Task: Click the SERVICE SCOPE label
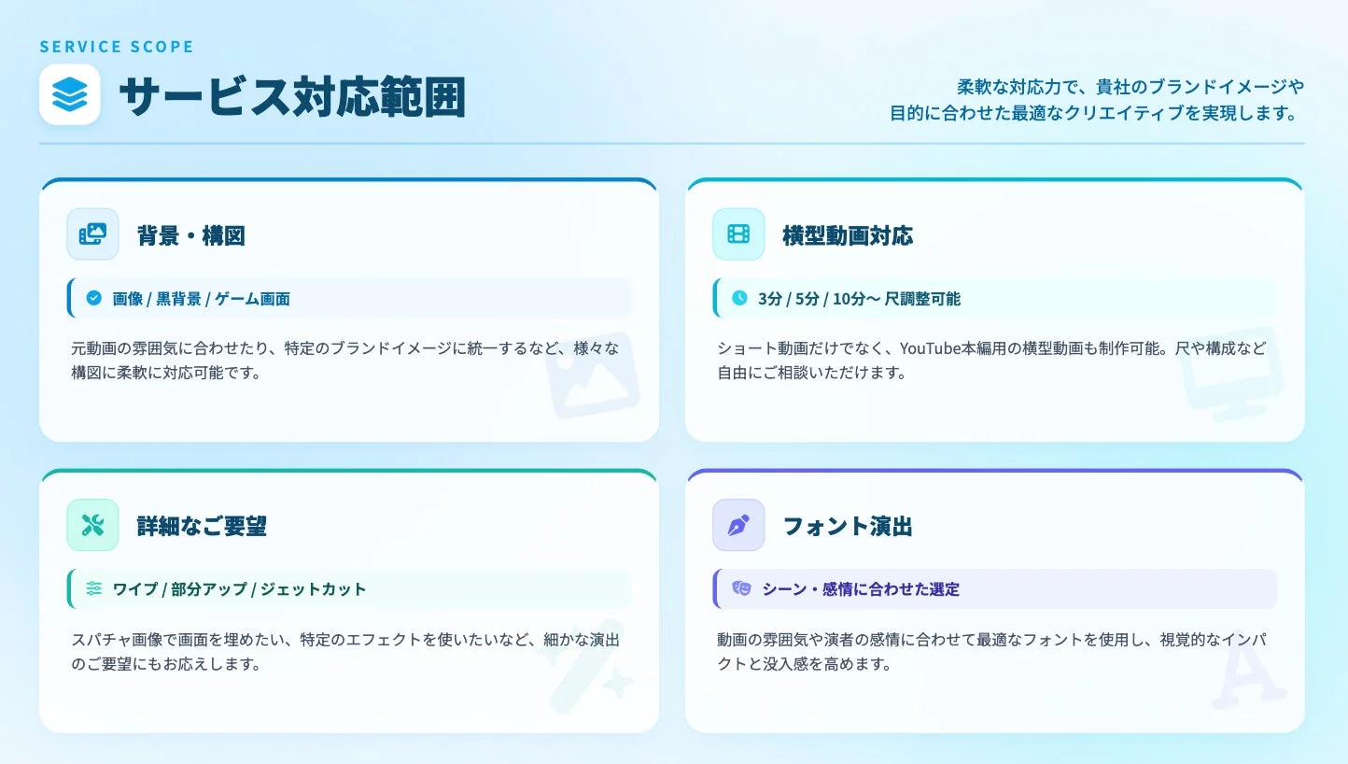pos(117,47)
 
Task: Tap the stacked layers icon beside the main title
pos(70,94)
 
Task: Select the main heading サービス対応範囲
pos(291,96)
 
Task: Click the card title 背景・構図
pos(191,235)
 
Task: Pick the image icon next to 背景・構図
pos(92,234)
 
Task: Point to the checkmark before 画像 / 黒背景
pos(93,298)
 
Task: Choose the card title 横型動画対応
pos(848,235)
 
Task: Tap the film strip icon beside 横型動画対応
pos(738,234)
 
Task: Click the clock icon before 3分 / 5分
pos(739,298)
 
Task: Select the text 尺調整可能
pos(922,299)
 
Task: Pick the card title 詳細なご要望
pos(202,526)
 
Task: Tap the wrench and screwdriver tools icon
pos(92,525)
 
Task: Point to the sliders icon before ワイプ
pos(93,588)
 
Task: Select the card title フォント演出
pos(848,526)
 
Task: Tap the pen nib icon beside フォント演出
pos(738,525)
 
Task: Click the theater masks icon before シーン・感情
pos(741,588)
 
